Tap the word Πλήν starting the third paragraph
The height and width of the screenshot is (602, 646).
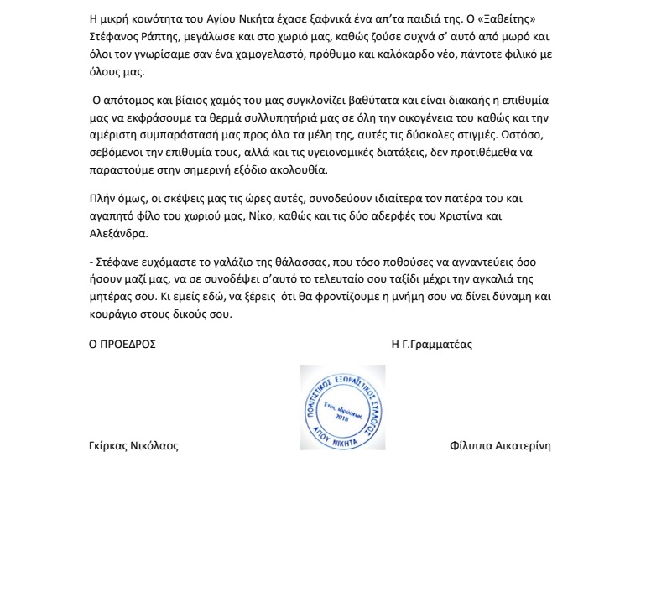tap(102, 199)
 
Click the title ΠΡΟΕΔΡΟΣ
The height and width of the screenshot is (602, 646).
tap(129, 344)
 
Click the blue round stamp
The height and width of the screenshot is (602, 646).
tap(342, 407)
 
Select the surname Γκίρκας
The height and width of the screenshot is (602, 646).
tap(110, 445)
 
